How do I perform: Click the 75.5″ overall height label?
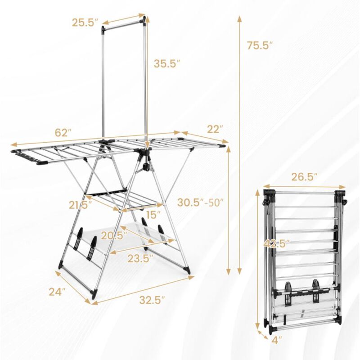pyautogui.click(x=260, y=45)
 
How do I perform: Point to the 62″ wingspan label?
pyautogui.click(x=63, y=133)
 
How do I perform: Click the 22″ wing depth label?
pyautogui.click(x=215, y=130)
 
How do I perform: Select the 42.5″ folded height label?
pyautogui.click(x=275, y=243)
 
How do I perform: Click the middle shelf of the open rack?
pyautogui.click(x=121, y=200)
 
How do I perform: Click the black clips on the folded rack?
pyautogui.click(x=306, y=290)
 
